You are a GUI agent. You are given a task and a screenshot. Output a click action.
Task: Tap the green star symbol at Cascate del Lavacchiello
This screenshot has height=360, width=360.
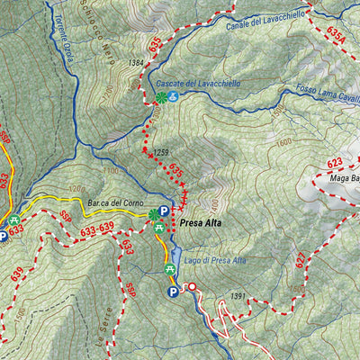(160, 96)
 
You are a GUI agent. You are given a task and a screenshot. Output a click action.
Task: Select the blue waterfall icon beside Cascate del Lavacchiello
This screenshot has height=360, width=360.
(174, 96)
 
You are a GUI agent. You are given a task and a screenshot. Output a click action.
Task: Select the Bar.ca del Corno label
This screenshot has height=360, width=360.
(116, 203)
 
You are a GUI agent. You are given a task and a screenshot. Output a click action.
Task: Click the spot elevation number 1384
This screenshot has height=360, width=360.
(136, 63)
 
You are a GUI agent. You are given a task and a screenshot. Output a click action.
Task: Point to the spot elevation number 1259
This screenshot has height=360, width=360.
(162, 152)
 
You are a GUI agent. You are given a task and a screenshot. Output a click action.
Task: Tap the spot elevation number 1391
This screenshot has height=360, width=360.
(238, 296)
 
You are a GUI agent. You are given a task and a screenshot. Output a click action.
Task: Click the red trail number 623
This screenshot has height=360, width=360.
(335, 163)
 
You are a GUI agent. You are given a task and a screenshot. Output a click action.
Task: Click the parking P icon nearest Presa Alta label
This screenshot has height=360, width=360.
(163, 211)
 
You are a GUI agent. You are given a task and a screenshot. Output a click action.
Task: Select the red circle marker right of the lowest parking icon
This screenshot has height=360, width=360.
(190, 288)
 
